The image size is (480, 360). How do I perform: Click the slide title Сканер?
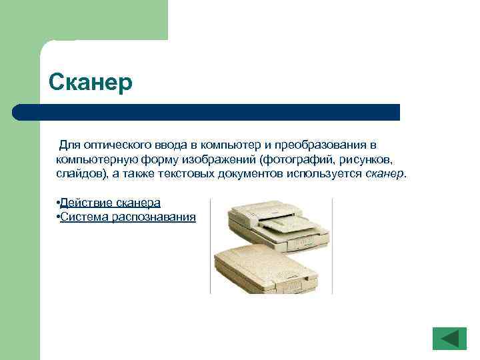pos(91,83)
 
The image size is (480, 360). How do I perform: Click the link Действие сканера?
pos(110,203)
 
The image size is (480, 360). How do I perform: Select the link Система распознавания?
pos(128,217)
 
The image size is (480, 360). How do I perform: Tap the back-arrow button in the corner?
pos(449,338)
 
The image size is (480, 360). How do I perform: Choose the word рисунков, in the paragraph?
pos(366,160)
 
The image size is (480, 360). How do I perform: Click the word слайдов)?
pos(80,174)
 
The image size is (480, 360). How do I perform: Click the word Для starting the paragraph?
pos(70,145)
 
